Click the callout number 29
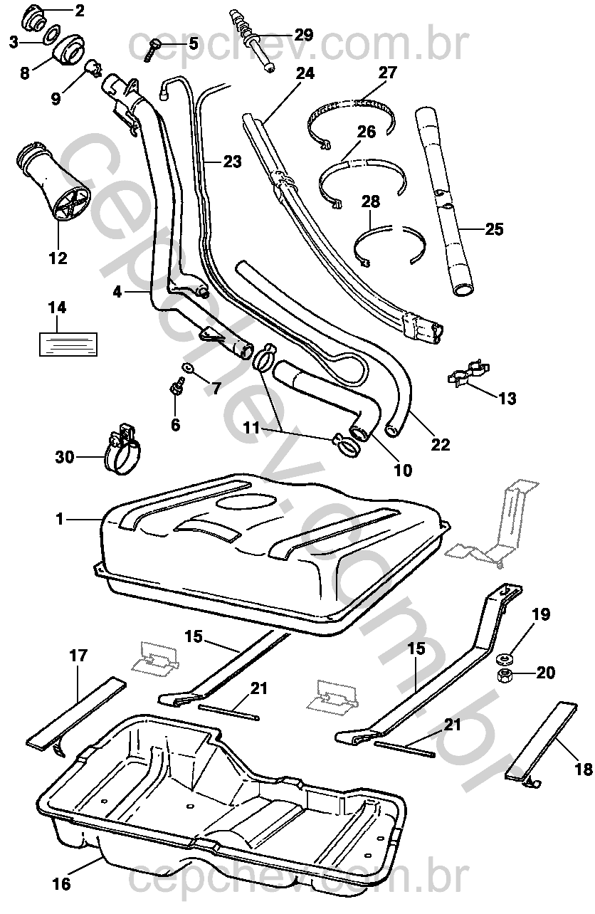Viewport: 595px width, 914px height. click(303, 35)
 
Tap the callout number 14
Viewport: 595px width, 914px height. click(57, 308)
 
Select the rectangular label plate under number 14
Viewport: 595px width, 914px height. click(67, 342)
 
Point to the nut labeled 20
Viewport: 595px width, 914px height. click(506, 673)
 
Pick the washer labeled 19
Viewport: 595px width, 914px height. click(507, 657)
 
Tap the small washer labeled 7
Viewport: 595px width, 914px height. click(188, 368)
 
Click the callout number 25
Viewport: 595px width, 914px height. click(494, 229)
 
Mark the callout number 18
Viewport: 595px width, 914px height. click(583, 769)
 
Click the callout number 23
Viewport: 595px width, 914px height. click(232, 162)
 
